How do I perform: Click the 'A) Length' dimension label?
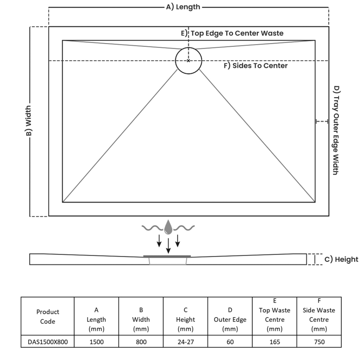point(183,7)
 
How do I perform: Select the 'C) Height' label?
point(341,259)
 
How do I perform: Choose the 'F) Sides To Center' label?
point(256,66)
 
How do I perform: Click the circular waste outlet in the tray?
point(189,60)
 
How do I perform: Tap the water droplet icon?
point(168,227)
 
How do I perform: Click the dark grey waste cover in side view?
point(167,256)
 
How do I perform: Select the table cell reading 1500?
point(96,342)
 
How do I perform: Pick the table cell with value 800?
point(141,342)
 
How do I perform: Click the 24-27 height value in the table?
point(185,342)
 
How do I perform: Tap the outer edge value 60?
point(230,342)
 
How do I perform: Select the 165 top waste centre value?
point(274,342)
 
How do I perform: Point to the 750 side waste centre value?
point(319,342)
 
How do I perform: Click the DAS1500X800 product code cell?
point(48,342)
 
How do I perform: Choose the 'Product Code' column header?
point(48,316)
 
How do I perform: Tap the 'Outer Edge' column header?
point(230,319)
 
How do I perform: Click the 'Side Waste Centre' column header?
point(319,315)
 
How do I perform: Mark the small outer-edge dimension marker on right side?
point(322,121)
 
